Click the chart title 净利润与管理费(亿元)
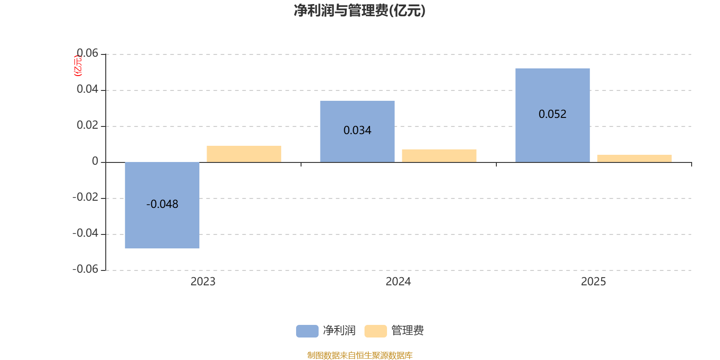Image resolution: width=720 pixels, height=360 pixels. (360, 11)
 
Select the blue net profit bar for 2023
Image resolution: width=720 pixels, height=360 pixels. (162, 225)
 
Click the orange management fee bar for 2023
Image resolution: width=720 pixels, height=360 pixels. (244, 154)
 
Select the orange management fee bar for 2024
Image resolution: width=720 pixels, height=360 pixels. (439, 156)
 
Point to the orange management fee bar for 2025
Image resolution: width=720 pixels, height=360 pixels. (634, 158)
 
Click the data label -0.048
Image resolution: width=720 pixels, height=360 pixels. (162, 204)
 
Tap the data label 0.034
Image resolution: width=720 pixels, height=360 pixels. (357, 130)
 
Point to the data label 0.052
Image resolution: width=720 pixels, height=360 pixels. (553, 114)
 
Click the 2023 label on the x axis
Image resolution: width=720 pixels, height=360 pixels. (203, 282)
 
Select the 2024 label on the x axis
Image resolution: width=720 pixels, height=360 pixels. (398, 282)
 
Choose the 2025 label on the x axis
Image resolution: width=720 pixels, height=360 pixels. (594, 282)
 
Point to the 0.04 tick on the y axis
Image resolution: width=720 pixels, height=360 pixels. (87, 90)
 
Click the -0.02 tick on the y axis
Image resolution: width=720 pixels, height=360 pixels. (85, 198)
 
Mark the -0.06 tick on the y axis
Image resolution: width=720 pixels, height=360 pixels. (85, 269)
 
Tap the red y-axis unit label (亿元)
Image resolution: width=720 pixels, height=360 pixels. (78, 66)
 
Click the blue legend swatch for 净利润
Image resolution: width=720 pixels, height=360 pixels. (307, 331)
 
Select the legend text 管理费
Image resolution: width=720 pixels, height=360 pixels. (408, 331)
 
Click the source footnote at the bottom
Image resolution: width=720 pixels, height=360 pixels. (360, 355)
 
